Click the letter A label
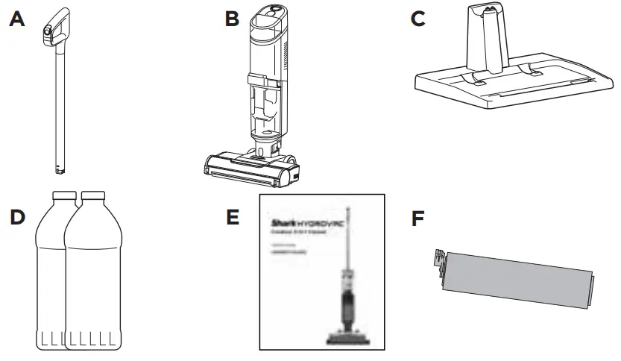(x=17, y=20)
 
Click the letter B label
(x=233, y=20)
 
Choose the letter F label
(x=420, y=221)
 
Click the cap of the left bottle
(x=63, y=197)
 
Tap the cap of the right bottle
(x=92, y=197)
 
